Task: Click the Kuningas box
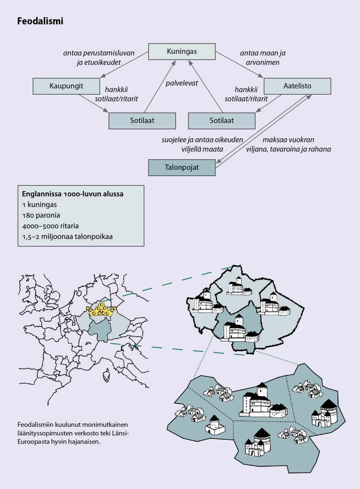tap(181, 51)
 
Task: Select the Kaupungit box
tap(66, 86)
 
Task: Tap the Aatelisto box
tap(297, 86)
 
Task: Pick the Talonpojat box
tap(181, 167)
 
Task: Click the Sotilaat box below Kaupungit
tap(142, 121)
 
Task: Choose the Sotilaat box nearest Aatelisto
tap(221, 121)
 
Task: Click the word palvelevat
tap(181, 83)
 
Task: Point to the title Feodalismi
tap(40, 21)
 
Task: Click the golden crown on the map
tap(101, 310)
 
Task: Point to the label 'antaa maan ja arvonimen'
tap(260, 58)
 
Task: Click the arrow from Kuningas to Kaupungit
tap(124, 65)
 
